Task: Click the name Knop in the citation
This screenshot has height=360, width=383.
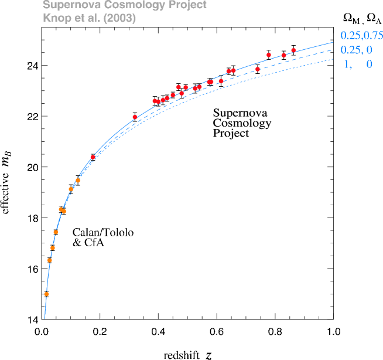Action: pos(54,18)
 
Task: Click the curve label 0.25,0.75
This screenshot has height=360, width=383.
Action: pos(361,36)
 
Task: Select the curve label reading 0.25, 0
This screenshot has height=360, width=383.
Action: pos(356,50)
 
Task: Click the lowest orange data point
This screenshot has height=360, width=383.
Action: pos(46,294)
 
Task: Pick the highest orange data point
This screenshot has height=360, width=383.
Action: pos(78,181)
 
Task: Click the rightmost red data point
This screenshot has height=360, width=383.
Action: pos(293,50)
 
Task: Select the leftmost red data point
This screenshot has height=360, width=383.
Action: pos(93,157)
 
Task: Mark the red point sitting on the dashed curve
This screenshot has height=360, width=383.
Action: pos(258,69)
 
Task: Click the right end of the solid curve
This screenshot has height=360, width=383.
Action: pos(333,43)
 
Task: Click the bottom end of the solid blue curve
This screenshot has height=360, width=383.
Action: pos(45,318)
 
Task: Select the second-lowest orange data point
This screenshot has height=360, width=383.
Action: pos(50,260)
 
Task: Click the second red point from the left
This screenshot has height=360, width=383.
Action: pos(135,117)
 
